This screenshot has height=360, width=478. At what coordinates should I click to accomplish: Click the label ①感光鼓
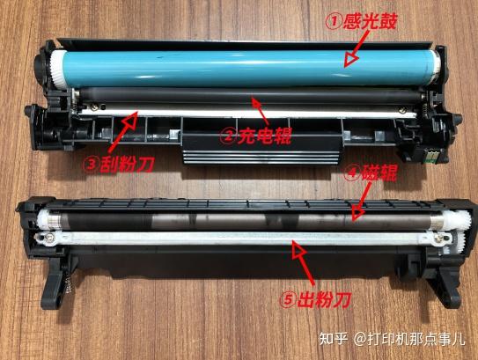362,22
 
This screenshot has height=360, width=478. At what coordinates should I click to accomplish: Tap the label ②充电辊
256,136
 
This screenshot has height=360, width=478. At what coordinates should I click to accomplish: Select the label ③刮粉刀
118,165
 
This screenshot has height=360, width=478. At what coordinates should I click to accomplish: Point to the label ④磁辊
371,173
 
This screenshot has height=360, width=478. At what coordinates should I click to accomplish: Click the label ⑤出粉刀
315,299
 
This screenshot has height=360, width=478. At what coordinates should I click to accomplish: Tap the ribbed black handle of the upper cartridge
261,157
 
